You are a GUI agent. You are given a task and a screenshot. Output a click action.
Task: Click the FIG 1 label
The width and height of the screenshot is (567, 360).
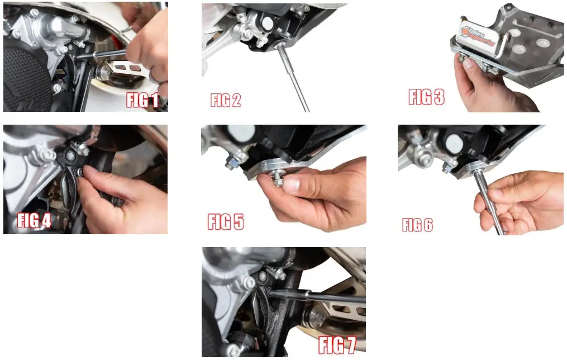pos(142,101)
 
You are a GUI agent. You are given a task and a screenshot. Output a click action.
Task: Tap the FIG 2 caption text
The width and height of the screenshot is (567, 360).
pos(225,101)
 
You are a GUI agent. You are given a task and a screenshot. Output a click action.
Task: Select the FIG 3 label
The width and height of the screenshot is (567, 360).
pos(426,97)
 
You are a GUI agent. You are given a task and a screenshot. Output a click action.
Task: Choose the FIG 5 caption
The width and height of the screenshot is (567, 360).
pos(226,221)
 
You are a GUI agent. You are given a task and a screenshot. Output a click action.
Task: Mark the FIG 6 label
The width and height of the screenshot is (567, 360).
pos(417,225)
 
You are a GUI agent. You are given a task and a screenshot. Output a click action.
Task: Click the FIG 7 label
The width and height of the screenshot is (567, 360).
pos(337,345)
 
